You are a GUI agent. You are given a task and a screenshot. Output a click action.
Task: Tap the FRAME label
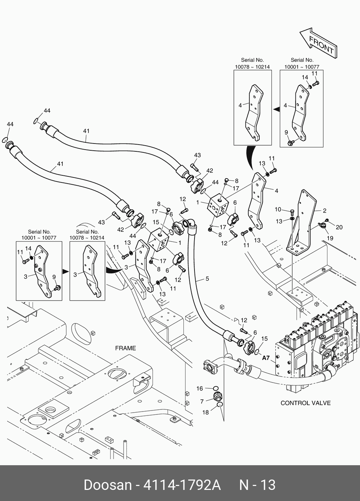point(125,348)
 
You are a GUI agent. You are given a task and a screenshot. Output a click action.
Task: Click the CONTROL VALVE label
point(305,403)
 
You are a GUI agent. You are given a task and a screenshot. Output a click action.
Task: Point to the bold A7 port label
point(266,357)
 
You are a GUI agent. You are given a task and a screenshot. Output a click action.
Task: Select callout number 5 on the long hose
point(207,279)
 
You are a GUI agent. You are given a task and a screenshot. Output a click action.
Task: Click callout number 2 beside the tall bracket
point(325,211)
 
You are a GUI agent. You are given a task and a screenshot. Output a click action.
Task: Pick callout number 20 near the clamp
point(339,227)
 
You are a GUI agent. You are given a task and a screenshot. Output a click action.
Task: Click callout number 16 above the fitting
point(200,389)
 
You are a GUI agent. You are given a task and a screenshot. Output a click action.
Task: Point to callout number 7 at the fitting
point(202,402)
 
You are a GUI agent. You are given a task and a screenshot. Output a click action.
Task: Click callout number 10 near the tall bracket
point(278,209)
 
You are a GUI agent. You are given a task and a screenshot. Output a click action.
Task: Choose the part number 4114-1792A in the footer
point(182,485)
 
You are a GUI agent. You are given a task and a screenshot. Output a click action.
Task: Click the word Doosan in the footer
point(107,485)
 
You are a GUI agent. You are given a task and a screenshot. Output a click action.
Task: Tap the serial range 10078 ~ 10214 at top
point(252,67)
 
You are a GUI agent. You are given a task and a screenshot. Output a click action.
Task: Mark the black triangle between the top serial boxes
point(276,108)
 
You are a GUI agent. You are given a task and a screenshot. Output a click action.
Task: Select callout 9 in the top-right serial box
point(286,132)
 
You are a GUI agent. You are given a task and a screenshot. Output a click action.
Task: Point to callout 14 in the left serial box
point(28,248)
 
